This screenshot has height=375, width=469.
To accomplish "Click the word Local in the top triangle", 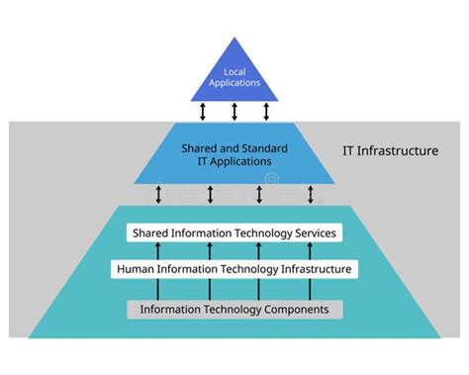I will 234,71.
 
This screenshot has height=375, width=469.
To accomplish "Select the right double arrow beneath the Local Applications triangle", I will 264,110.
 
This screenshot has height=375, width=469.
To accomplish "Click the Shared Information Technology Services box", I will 234,234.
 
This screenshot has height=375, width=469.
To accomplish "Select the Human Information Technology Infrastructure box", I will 234,268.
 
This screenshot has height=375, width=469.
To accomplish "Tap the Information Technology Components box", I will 234,309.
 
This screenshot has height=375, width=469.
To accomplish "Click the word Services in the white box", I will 312,234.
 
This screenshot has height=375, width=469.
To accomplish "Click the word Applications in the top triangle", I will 234,83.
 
